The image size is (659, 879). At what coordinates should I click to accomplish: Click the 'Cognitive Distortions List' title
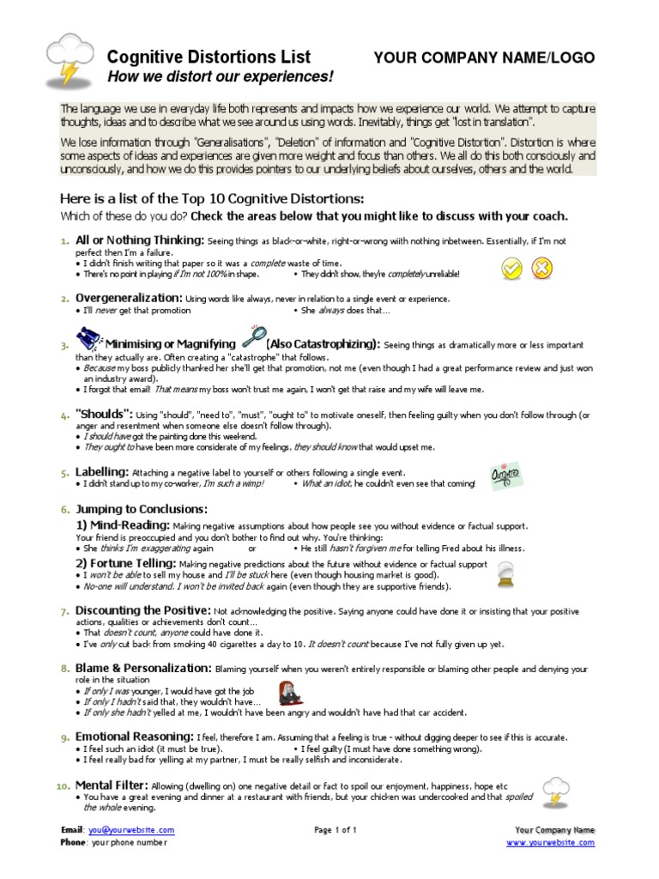(x=209, y=58)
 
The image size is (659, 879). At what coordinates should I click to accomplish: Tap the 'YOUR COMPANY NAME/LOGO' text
(x=484, y=58)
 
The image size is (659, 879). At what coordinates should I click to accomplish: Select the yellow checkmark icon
(x=511, y=270)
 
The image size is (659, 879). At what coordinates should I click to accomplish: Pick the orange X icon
(x=541, y=270)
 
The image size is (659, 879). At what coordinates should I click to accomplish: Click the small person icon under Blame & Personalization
(x=290, y=693)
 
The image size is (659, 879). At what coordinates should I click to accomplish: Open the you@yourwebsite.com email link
(x=130, y=830)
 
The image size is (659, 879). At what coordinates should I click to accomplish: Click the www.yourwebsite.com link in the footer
(x=550, y=843)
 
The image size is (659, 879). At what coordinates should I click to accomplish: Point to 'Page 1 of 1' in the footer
(x=335, y=830)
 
